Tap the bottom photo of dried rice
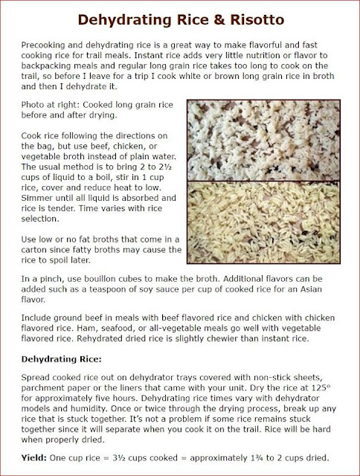coord(270,228)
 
